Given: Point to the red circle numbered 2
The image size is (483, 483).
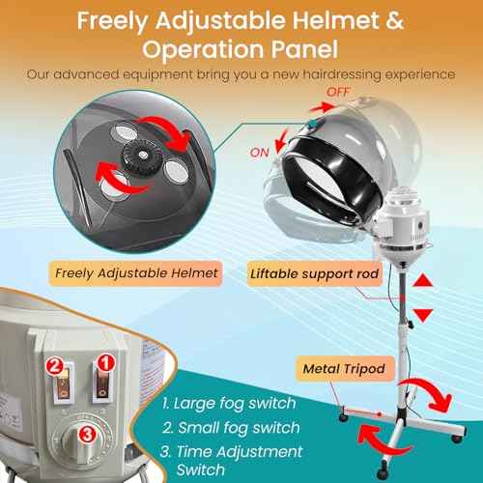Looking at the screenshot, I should pos(57,365).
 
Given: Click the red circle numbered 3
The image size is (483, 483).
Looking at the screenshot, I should pos(86,434).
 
